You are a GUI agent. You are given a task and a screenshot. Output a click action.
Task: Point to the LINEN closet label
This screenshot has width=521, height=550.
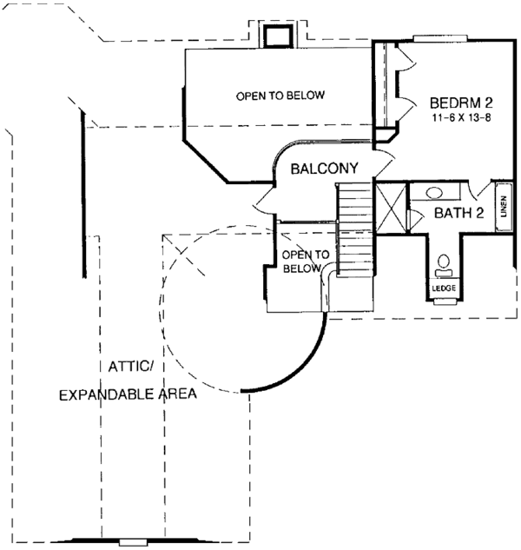click(503, 207)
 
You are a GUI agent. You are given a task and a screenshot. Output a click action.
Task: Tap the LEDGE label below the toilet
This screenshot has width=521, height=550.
click(444, 288)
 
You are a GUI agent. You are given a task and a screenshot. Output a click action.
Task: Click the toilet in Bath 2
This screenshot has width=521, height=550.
click(444, 263)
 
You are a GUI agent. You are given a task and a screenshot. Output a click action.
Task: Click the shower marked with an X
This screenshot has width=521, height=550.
click(390, 209)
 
